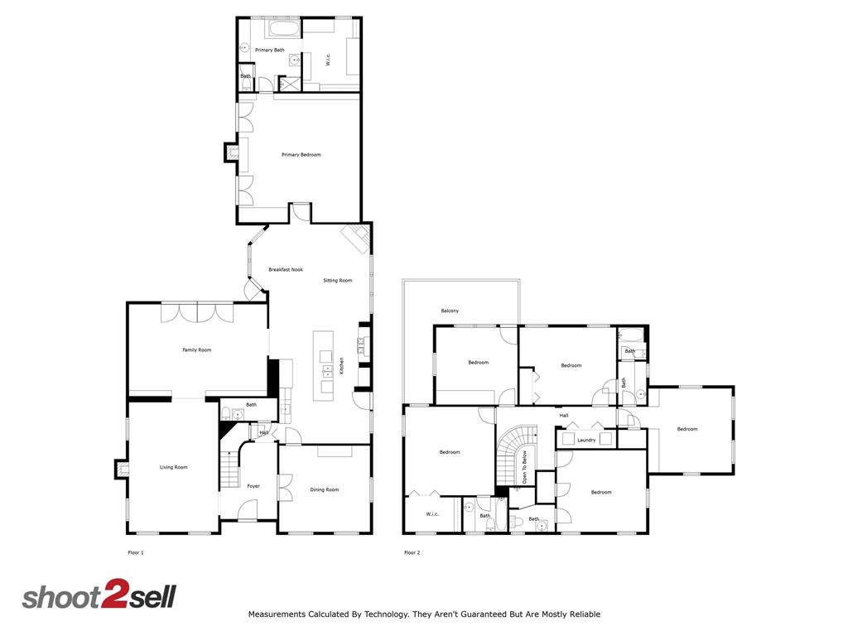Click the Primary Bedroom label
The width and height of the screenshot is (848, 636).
tap(301, 155)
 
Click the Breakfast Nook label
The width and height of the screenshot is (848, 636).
tap(285, 270)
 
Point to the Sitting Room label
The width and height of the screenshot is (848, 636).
tap(337, 281)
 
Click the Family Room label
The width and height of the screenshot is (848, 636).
tap(196, 350)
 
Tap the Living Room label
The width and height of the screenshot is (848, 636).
tap(173, 468)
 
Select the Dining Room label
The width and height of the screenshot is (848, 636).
tap(325, 490)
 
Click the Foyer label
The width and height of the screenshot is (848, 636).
tap(253, 486)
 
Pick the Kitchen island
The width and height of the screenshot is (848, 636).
tap(323, 365)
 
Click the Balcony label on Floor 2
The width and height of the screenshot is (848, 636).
tap(450, 311)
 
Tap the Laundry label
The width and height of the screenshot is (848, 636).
tap(586, 440)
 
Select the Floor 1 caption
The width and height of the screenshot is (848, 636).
tap(135, 552)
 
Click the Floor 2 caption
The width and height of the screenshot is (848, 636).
tap(412, 552)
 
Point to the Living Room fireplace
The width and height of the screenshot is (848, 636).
tap(122, 469)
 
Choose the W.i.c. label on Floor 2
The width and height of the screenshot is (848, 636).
tap(432, 514)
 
